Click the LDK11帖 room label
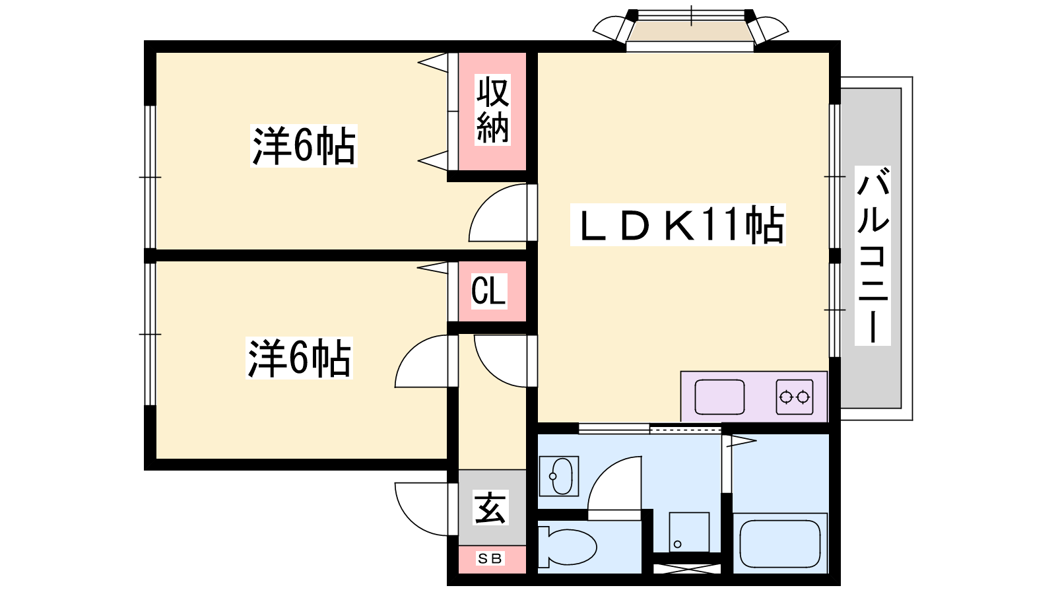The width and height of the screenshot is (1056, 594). tap(677, 224)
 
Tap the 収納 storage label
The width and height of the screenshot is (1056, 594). tap(492, 110)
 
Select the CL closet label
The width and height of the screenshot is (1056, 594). tap(489, 291)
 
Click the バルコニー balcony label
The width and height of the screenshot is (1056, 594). tap(873, 255)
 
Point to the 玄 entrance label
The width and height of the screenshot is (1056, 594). tap(490, 508)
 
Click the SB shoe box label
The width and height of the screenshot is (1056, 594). tap(489, 558)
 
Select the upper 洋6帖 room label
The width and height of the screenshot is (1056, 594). tap(304, 146)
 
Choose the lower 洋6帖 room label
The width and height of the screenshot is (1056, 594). tap(299, 358)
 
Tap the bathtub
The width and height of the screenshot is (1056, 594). tap(780, 544)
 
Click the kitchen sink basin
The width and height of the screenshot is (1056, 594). tap(719, 397)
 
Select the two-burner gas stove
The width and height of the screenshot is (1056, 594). tap(795, 397)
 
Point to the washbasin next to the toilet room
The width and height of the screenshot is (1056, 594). tap(558, 476)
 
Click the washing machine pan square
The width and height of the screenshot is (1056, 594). tap(689, 532)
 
